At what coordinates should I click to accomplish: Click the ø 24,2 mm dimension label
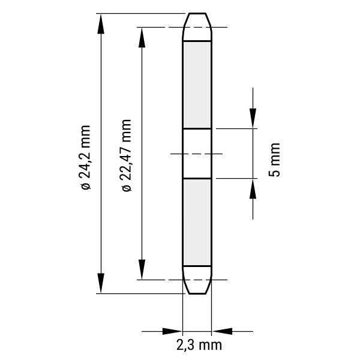85,157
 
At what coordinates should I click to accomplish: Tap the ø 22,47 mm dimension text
127,155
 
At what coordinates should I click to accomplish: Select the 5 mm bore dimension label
275,160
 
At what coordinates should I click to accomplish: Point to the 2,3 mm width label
199,345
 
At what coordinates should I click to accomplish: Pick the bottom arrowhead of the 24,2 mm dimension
101,283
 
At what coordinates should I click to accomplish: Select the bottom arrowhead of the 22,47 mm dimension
142,269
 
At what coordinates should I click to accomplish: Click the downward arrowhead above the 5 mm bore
253,118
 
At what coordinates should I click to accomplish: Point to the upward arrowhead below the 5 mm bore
253,188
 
